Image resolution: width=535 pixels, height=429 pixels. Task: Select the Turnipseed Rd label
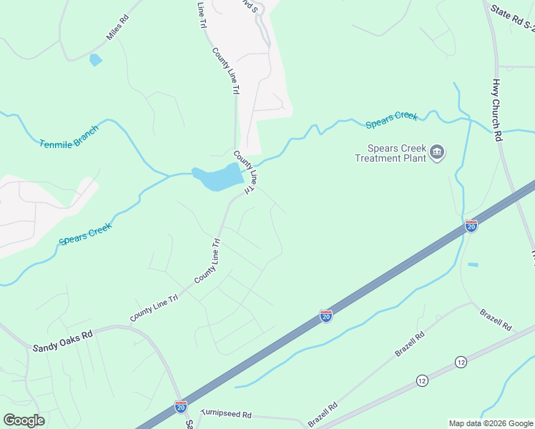226,414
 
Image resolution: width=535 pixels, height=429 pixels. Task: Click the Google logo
24,420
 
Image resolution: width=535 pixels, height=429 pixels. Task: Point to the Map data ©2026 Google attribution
490,423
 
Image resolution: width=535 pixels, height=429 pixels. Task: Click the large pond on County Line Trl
217,177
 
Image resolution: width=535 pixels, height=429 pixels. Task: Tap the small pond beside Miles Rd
95,60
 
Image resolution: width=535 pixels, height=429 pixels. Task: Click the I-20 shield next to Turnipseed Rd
181,407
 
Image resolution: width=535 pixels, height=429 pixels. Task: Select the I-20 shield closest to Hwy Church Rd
471,226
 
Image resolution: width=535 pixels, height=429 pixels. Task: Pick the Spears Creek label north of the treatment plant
391,119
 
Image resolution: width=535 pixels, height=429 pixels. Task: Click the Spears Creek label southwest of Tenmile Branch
86,233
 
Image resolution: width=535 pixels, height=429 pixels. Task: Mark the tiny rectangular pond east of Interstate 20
473,265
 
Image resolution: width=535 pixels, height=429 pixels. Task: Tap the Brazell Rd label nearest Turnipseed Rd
323,415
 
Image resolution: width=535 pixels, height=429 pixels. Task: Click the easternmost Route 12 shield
460,363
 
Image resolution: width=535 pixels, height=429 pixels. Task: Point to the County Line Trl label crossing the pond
245,172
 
